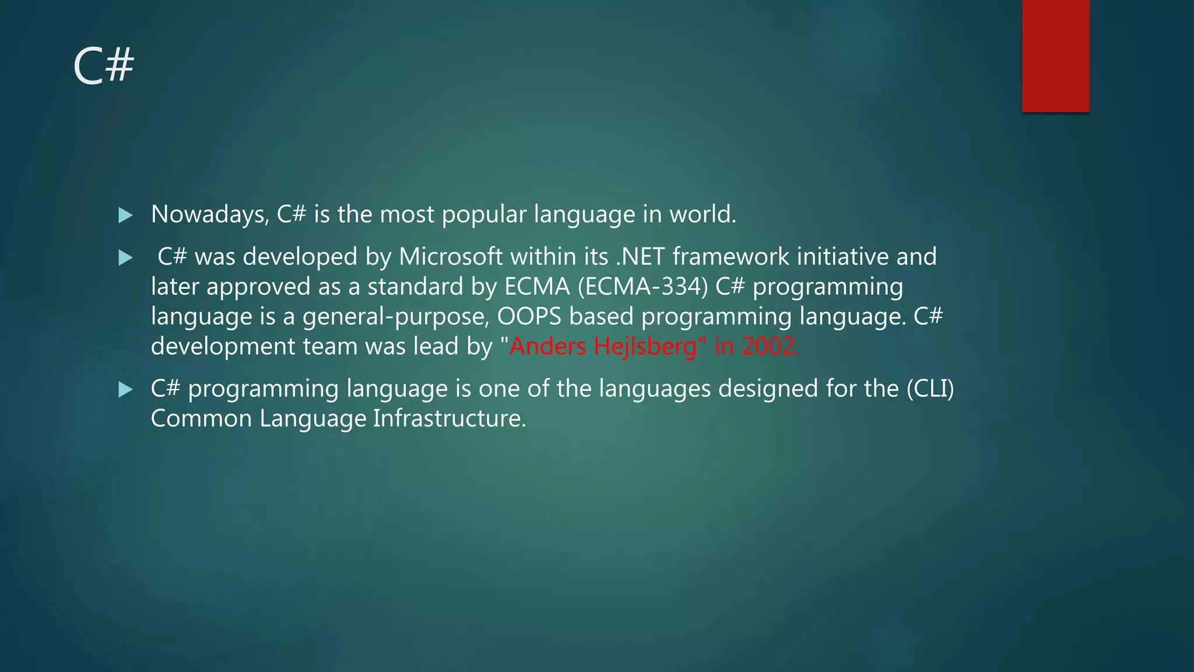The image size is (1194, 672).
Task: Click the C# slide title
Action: [x=104, y=66]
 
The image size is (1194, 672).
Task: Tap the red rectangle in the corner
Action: [x=1055, y=55]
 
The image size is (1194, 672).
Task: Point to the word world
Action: [x=702, y=215]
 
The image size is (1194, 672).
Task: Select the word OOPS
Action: [x=529, y=316]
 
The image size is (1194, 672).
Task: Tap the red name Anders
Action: [x=547, y=346]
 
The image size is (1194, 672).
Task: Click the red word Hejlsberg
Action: [x=645, y=347]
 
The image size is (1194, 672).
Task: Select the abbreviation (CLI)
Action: [x=930, y=388]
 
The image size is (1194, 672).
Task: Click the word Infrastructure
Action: [x=449, y=419]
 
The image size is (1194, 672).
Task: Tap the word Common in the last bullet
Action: [x=201, y=419]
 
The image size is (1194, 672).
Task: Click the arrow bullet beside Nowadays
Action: [x=125, y=215]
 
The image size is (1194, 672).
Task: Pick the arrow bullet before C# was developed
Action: [x=125, y=257]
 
